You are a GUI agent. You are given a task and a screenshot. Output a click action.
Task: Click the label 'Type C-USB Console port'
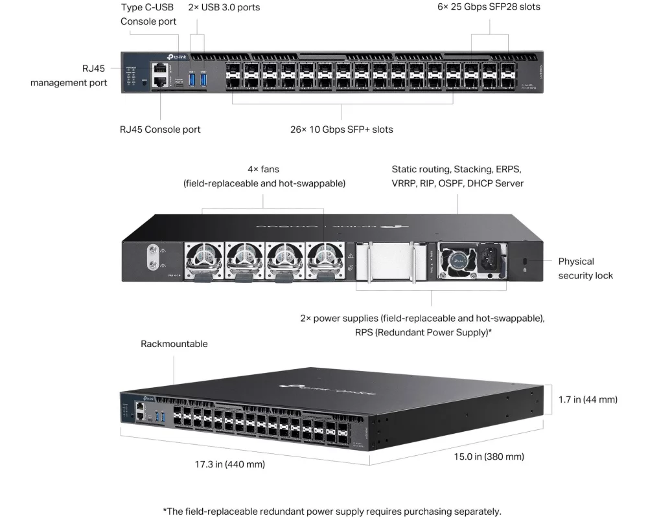coord(148,14)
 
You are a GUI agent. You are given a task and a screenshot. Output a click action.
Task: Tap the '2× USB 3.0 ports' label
coord(224,7)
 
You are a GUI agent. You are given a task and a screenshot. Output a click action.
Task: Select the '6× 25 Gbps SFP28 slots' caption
coord(489,7)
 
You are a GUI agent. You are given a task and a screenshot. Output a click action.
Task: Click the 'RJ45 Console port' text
coord(160,129)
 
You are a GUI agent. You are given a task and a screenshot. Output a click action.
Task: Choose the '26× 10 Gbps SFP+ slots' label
coord(341,129)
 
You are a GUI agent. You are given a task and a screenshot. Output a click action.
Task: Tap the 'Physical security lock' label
coord(585,268)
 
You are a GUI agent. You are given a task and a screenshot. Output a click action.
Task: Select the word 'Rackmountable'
coord(174,344)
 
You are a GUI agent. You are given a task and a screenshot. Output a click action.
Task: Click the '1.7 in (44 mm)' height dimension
coord(588,400)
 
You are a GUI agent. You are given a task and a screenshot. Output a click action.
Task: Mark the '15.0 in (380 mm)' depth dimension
coord(489,457)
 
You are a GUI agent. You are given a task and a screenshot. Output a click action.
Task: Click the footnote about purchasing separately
coord(332,512)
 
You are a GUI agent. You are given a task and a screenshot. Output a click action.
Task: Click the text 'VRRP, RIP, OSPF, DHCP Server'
coord(457,183)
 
